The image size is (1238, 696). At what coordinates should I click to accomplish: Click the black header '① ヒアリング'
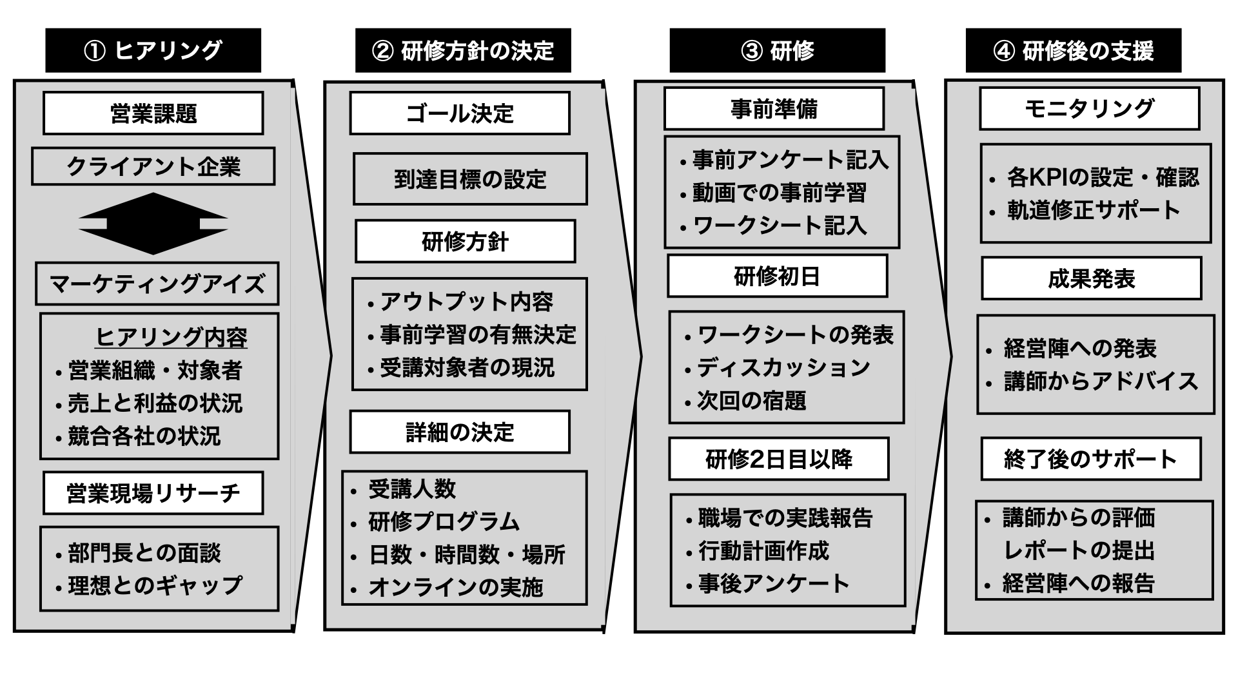pos(153,50)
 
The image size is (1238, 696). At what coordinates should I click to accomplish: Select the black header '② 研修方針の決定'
pos(463,50)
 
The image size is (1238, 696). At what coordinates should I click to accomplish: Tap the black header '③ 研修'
pos(777,50)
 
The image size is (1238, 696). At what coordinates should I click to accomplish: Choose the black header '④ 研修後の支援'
pos(1073,50)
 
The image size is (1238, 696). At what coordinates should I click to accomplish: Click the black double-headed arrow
pos(153,224)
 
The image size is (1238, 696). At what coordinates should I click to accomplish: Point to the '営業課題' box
pos(153,113)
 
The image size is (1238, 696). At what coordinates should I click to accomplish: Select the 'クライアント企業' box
pos(153,167)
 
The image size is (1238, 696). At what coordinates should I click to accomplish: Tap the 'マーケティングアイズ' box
pos(157,284)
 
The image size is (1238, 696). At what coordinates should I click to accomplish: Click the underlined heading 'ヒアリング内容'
pos(172,337)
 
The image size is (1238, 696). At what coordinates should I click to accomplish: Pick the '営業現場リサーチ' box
pos(153,493)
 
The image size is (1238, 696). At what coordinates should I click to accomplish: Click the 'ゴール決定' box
pos(460,113)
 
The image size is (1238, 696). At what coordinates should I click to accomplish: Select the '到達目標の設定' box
pos(470,179)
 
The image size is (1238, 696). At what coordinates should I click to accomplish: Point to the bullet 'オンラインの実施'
pos(455,587)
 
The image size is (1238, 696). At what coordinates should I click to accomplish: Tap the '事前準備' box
pos(774,109)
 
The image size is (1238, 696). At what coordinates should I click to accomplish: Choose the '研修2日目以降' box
pos(779,459)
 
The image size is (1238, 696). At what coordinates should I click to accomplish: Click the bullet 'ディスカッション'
pos(783,367)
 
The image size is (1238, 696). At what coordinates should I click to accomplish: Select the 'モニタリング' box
pos(1089,109)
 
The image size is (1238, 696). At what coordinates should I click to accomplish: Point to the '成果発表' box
pos(1092,278)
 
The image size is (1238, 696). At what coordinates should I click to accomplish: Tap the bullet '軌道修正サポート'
pos(1094,210)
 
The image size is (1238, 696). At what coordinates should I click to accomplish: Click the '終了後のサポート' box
pos(1091,459)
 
